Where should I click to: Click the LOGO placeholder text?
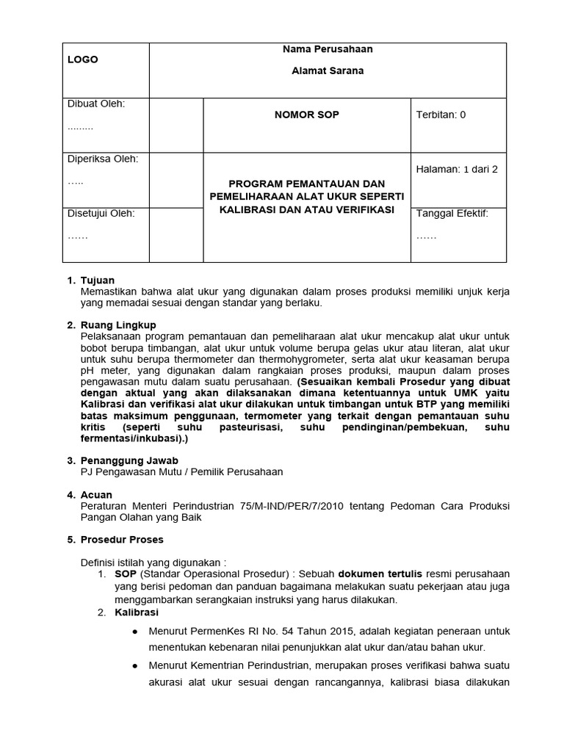coord(83,59)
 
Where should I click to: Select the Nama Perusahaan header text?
coord(328,49)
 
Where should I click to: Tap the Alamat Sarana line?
coord(328,71)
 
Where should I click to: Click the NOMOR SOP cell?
coord(306,115)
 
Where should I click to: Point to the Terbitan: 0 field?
coord(441,115)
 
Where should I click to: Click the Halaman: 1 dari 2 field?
coord(457,169)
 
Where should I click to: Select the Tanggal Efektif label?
coord(452,214)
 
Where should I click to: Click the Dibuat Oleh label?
coord(96,104)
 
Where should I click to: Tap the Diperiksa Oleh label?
coord(102,159)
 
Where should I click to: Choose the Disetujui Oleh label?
coord(101,214)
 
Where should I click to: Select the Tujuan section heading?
coord(97,281)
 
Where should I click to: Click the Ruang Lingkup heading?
coord(117,325)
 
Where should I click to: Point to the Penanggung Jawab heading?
coord(129,460)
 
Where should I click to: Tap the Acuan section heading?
coord(96,495)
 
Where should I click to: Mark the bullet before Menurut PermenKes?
coord(134,632)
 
